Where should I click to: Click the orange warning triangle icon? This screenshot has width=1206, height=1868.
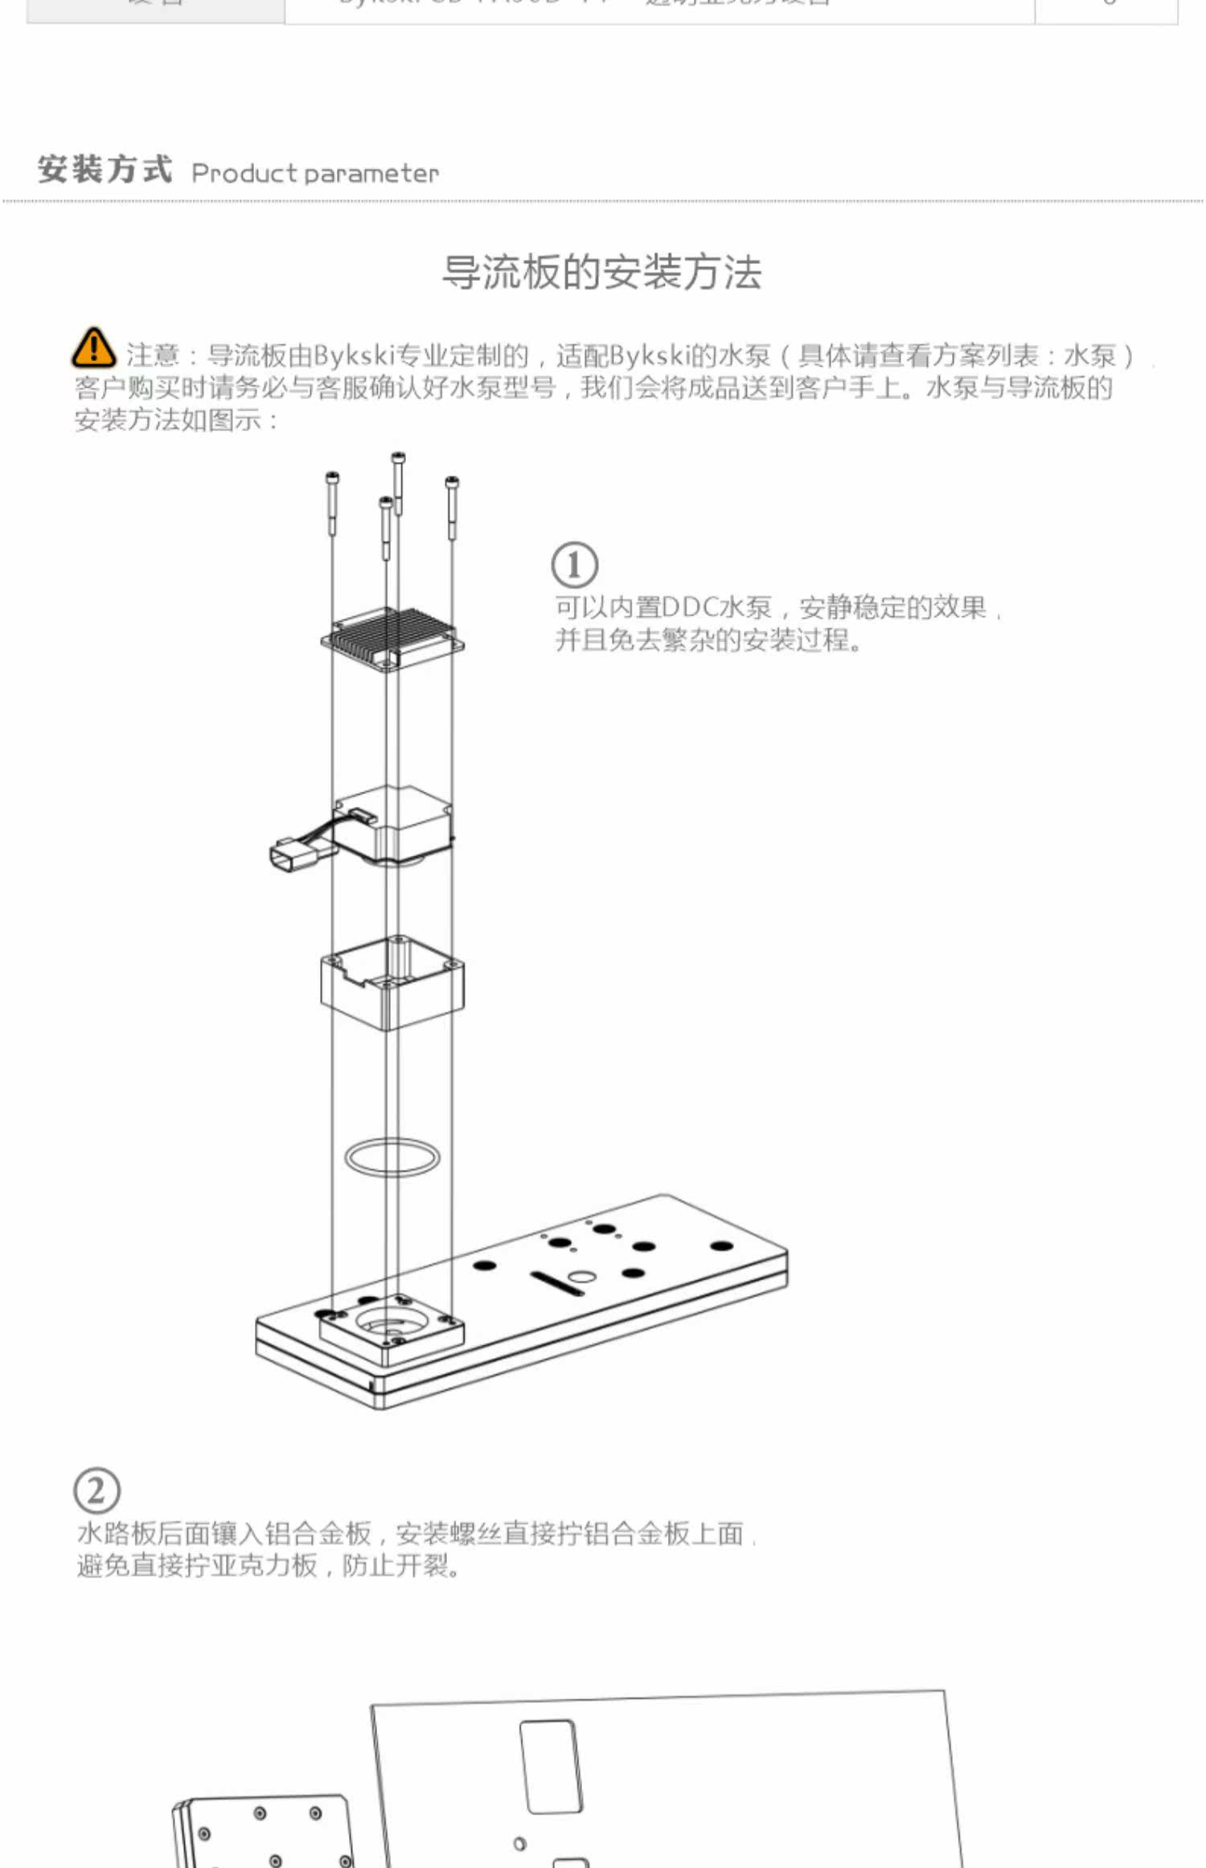[x=93, y=348]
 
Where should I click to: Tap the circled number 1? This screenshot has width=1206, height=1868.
[x=574, y=565]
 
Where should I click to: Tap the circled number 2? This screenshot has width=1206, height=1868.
[x=96, y=1491]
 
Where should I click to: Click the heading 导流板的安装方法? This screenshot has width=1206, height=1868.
[x=601, y=272]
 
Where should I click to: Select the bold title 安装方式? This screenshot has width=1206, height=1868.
[x=105, y=170]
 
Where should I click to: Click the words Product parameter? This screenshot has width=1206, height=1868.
[x=315, y=173]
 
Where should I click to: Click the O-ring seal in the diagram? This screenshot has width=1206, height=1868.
[x=392, y=1157]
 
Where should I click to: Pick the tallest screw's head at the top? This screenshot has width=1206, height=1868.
[x=398, y=459]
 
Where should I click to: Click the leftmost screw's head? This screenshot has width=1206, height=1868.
[x=332, y=479]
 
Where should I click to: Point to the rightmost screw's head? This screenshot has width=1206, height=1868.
[x=452, y=482]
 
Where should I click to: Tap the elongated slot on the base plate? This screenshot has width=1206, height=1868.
[x=556, y=1283]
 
